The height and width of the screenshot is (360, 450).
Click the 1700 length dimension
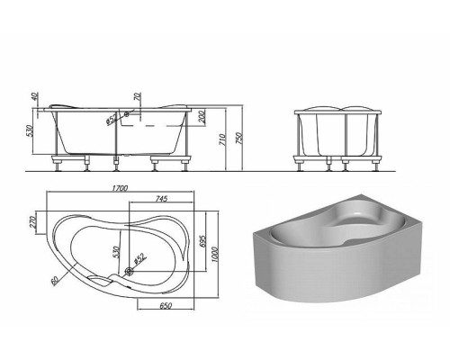pyautogui.click(x=120, y=188)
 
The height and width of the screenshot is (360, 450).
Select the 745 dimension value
pyautogui.click(x=161, y=199)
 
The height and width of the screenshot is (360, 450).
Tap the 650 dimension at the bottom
pyautogui.click(x=166, y=306)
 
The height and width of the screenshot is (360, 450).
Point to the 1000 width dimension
pyautogui.click(x=214, y=255)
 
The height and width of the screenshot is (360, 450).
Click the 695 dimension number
pyautogui.click(x=202, y=240)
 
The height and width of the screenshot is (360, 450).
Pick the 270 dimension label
pyautogui.click(x=33, y=222)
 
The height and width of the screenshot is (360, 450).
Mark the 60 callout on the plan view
pyautogui.click(x=54, y=281)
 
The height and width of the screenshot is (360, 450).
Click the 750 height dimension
pyautogui.click(x=239, y=138)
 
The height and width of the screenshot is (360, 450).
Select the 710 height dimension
pyautogui.click(x=222, y=139)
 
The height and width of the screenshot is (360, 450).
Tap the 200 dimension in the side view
pyautogui.click(x=202, y=116)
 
